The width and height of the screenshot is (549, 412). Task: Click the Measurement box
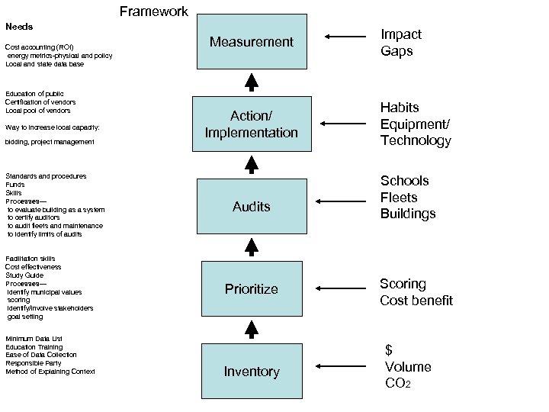point(252,42)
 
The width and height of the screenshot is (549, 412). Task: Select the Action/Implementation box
point(252,124)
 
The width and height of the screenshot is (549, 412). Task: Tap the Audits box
point(252,206)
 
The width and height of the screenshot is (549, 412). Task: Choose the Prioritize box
point(252,288)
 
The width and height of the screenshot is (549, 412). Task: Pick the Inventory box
point(252,372)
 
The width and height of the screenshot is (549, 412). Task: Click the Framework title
point(154,11)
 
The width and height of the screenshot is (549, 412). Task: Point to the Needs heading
point(20,27)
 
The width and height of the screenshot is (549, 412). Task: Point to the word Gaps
point(397,51)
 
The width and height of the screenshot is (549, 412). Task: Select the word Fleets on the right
point(400,197)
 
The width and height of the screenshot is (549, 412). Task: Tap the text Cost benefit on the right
point(416,301)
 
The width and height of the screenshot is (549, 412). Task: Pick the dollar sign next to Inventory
point(389,349)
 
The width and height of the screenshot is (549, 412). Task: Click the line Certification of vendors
point(40,101)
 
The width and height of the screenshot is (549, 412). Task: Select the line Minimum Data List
point(34,339)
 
